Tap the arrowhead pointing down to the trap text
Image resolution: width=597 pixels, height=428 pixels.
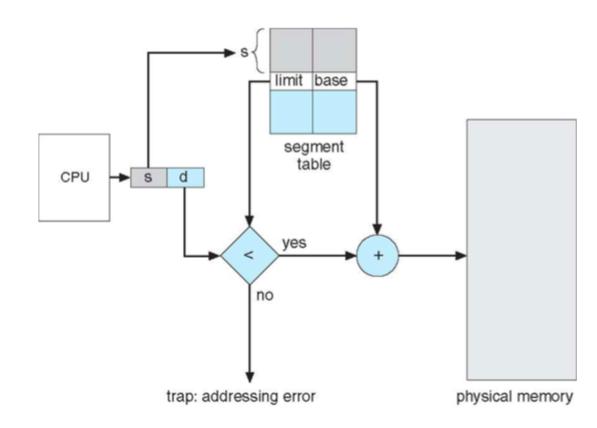(249, 377)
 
